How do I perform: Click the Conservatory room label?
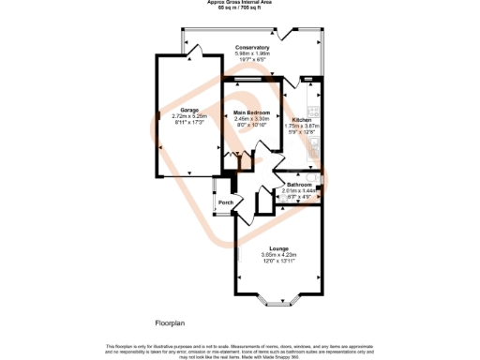[x=252, y=47]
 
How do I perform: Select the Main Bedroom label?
[x=252, y=113]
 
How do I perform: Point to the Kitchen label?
[x=301, y=120]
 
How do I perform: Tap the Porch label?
[x=225, y=203]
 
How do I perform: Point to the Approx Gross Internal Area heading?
[x=239, y=3]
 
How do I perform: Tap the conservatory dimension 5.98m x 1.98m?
[x=252, y=53]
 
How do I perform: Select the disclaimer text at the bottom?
[x=239, y=350]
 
